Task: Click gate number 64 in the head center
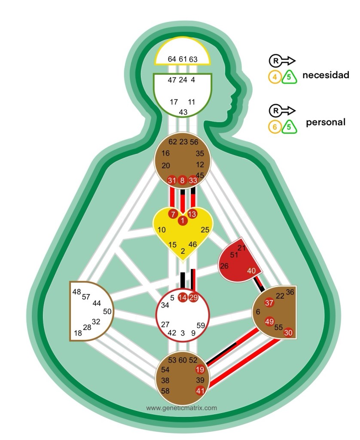click(x=172, y=59)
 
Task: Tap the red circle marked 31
click(x=172, y=180)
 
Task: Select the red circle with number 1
click(x=183, y=221)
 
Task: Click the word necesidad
click(x=326, y=75)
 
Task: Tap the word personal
click(x=326, y=122)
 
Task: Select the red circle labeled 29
click(x=193, y=297)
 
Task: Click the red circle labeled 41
click(x=200, y=391)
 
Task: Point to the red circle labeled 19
click(x=200, y=370)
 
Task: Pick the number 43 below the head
click(x=183, y=112)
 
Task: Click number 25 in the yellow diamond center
click(x=205, y=230)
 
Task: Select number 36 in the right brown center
click(x=290, y=292)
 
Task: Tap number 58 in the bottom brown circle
click(x=165, y=391)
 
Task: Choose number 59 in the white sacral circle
click(x=201, y=326)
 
